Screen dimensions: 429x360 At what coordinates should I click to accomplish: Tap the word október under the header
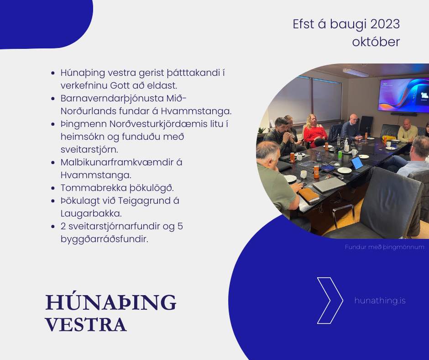pos(376,42)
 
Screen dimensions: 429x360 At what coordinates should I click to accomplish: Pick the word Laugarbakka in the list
pos(91,214)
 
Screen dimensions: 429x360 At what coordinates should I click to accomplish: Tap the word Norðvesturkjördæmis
pos(159,124)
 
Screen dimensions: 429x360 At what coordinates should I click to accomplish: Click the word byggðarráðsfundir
pos(104,239)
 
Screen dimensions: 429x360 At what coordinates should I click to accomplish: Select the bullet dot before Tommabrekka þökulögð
pos(53,188)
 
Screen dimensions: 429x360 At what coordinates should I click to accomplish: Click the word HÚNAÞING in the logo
pos(111,302)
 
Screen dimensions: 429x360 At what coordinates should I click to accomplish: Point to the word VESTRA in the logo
pos(86,325)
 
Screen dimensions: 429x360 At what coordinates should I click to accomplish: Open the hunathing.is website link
pos(380,301)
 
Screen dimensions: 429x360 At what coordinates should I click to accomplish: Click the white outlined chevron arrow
pos(330,301)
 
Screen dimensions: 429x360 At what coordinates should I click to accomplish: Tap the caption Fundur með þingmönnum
pos(384,247)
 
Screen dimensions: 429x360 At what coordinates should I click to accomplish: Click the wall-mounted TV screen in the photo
pos(403,95)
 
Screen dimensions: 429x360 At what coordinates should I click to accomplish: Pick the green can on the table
pos(340,156)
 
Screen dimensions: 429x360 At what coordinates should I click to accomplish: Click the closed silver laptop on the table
pos(329,185)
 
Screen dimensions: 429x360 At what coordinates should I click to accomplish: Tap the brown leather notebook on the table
pos(309,195)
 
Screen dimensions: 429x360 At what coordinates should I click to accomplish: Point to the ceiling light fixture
pos(356,73)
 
